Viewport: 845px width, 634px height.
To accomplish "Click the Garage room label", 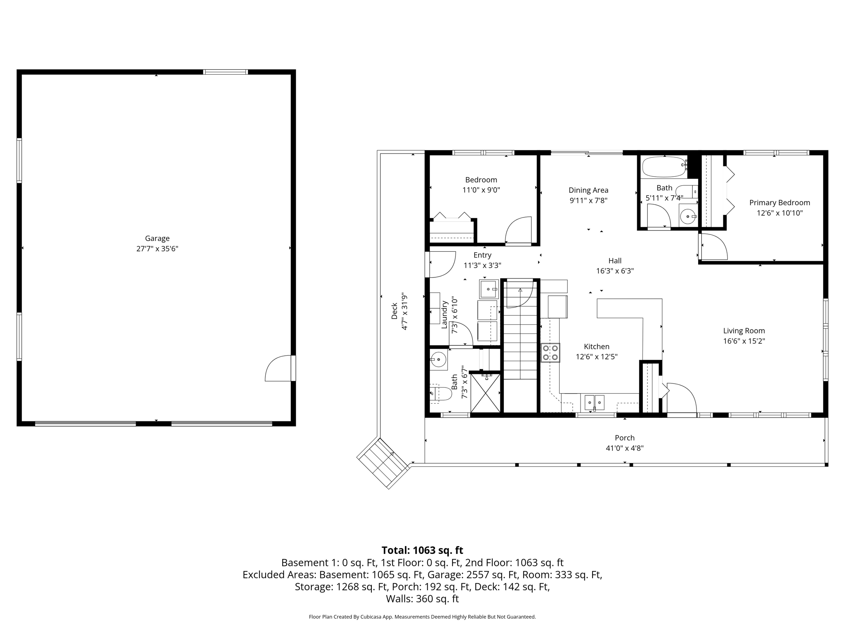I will (x=157, y=239).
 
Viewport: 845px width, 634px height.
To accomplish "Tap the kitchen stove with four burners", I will (x=550, y=352).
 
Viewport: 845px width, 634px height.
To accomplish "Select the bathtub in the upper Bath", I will (x=664, y=167).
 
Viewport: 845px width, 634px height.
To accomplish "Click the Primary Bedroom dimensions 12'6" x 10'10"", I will (x=779, y=213).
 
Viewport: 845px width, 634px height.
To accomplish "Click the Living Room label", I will (x=744, y=331).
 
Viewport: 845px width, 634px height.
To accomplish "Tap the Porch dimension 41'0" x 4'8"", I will (x=625, y=448).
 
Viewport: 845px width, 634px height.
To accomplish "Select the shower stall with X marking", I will (x=485, y=393).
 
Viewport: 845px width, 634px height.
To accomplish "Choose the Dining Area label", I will (x=588, y=190).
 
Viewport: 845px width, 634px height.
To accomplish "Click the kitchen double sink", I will (x=594, y=402).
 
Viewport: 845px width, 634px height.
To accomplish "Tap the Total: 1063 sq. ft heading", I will (x=422, y=550).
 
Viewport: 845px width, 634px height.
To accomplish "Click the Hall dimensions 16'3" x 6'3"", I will (x=615, y=271).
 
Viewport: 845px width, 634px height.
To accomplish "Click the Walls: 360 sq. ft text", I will (x=422, y=599).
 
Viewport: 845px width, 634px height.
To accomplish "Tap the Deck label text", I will (x=394, y=311).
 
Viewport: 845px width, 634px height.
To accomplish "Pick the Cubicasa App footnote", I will (x=422, y=617).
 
